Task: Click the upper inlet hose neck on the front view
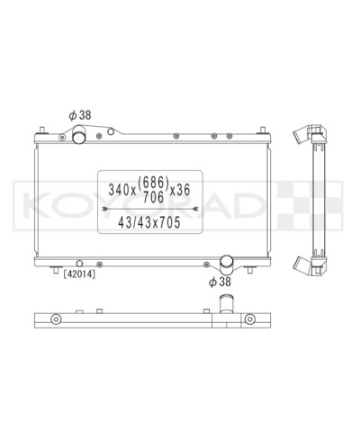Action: click(79, 136)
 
